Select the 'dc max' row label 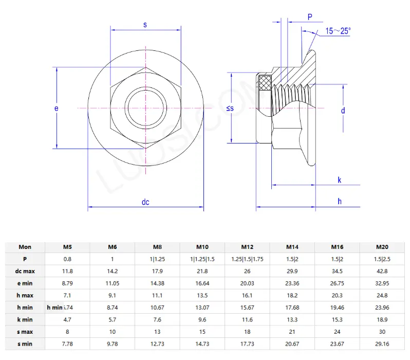25,271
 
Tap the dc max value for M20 382,271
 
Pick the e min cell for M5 67,283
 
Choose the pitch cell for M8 157,259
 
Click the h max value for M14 293,295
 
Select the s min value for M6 112,343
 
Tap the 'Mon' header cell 25,247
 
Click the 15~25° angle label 338,31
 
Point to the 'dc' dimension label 145,202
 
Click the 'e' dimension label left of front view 57,108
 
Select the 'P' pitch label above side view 310,17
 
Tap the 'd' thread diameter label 343,110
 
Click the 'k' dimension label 340,179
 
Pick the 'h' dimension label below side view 340,201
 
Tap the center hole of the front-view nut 146,108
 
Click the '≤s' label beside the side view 230,108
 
